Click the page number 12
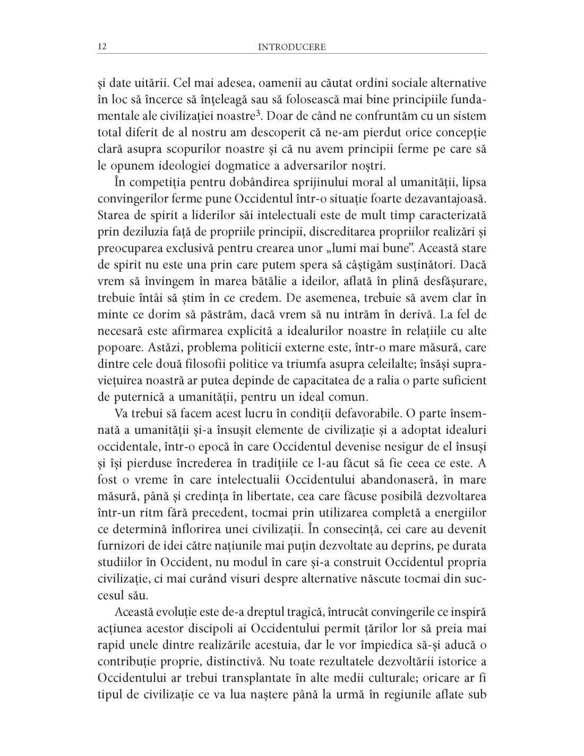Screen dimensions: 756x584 [x=102, y=47]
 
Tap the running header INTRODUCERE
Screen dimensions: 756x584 [x=291, y=47]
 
